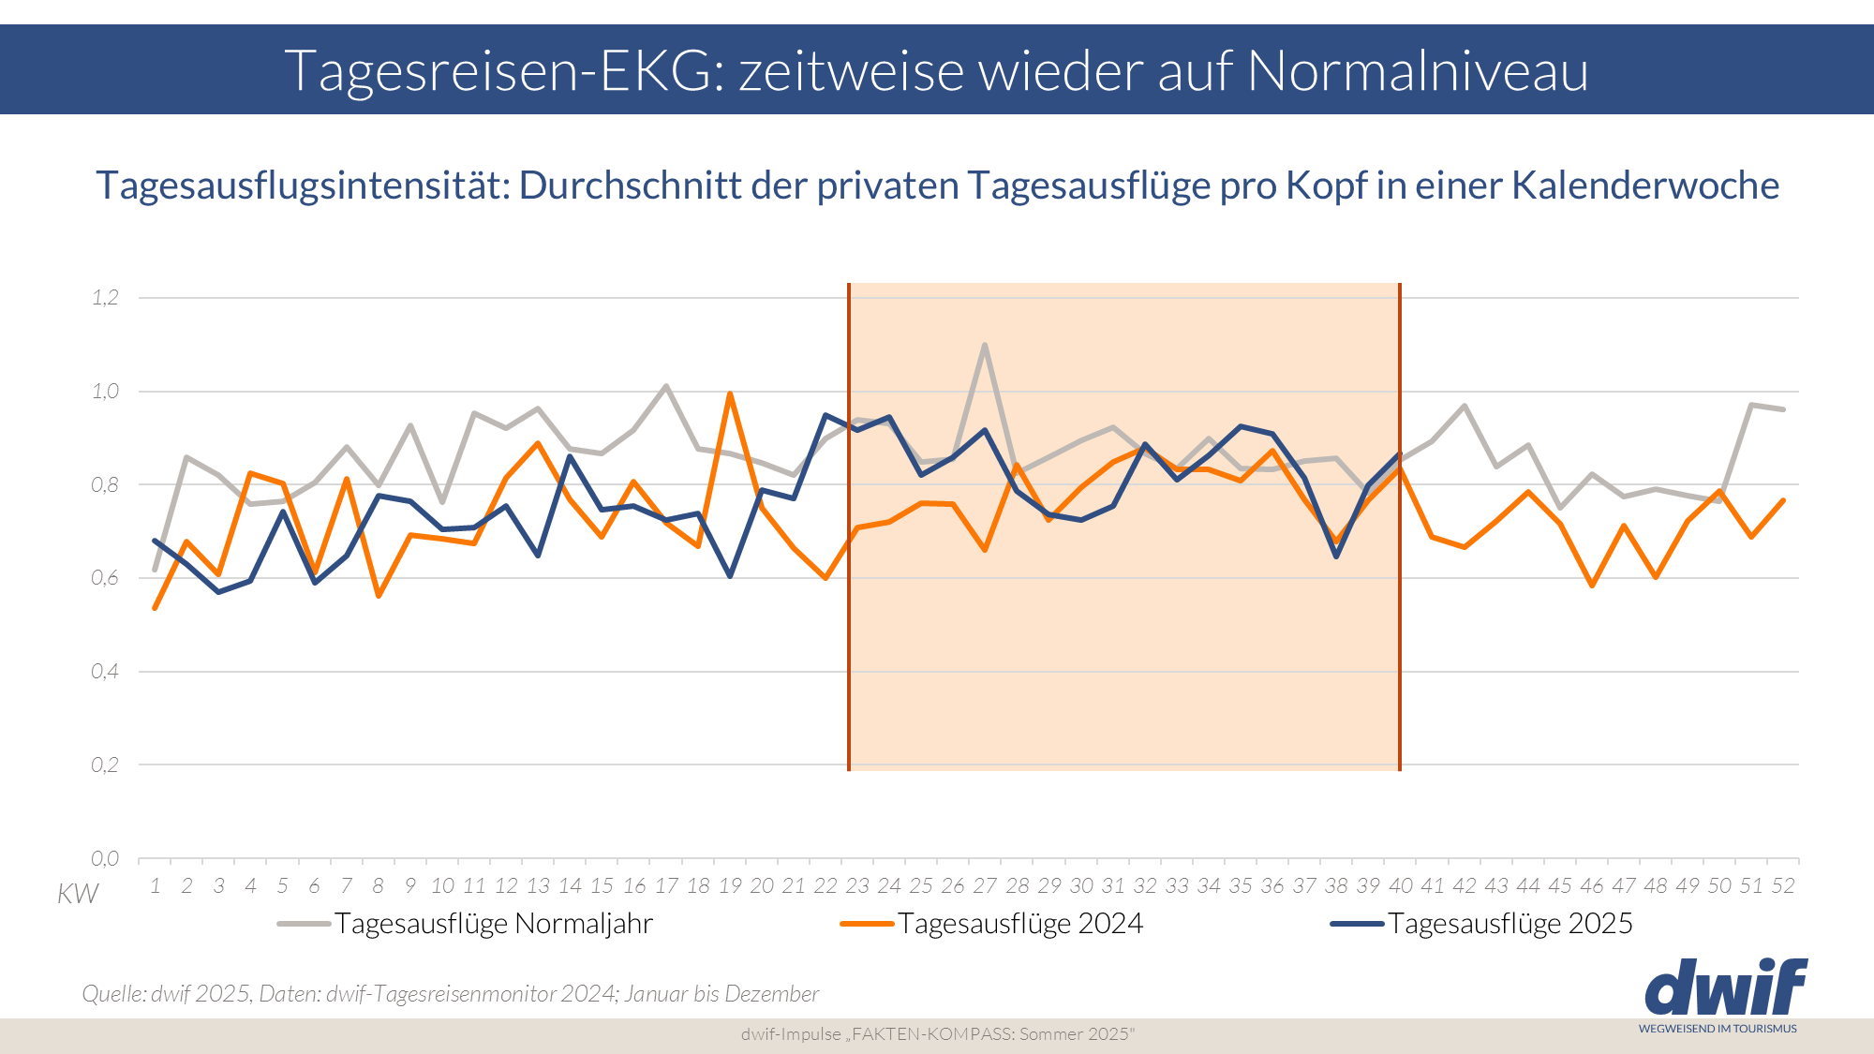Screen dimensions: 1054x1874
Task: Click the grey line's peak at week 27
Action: pyautogui.click(x=985, y=345)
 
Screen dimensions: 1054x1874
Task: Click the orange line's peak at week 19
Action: pyautogui.click(x=730, y=393)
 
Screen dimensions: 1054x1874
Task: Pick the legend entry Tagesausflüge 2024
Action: pyautogui.click(x=1019, y=924)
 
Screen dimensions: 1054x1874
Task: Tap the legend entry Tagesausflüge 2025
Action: pyautogui.click(x=1510, y=924)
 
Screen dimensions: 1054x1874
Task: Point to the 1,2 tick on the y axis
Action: pyautogui.click(x=105, y=298)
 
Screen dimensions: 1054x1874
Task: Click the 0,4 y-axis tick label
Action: pyautogui.click(x=105, y=671)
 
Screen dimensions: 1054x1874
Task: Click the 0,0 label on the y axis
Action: pyautogui.click(x=105, y=858)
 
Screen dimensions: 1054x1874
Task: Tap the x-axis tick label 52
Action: pyautogui.click(x=1783, y=886)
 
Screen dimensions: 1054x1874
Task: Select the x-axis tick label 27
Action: pyautogui.click(x=985, y=886)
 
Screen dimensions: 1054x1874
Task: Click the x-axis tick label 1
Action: pyautogui.click(x=155, y=886)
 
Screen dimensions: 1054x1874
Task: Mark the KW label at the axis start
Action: pyautogui.click(x=77, y=894)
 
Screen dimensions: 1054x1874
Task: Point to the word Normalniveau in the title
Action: pyautogui.click(x=1417, y=70)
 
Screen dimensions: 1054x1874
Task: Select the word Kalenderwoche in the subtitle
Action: pyautogui.click(x=1644, y=186)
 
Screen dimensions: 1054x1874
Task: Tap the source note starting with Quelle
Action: pyautogui.click(x=450, y=994)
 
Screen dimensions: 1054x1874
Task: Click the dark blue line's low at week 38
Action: pyautogui.click(x=1336, y=557)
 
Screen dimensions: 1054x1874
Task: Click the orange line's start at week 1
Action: pyautogui.click(x=155, y=609)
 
